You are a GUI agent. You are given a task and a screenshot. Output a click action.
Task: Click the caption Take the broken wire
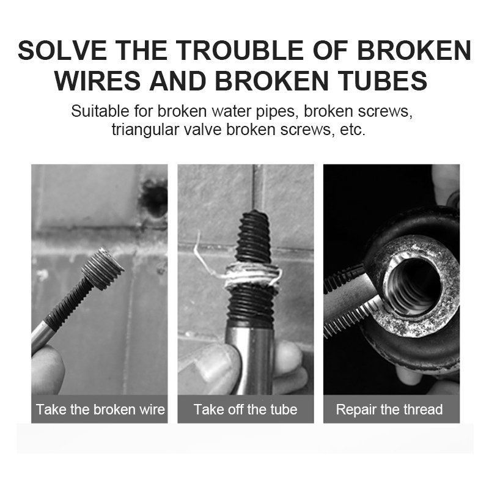click(100, 410)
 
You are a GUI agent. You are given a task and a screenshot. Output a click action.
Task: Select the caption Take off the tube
click(245, 410)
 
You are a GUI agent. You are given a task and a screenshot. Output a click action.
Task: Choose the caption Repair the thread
click(389, 410)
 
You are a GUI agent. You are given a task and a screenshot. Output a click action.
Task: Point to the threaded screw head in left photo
click(102, 269)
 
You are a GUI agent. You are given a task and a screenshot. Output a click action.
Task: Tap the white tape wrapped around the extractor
click(251, 276)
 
